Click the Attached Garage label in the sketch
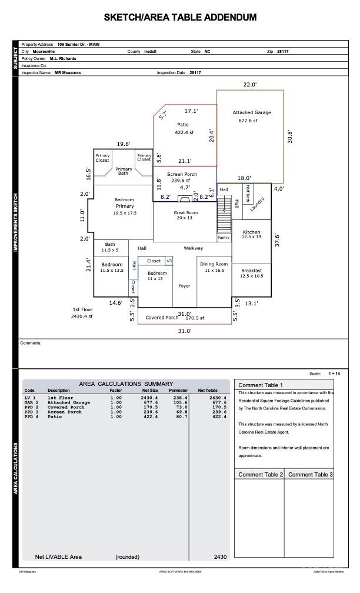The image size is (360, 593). (251, 112)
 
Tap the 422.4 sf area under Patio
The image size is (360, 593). (184, 133)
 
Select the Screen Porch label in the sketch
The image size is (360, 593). (182, 174)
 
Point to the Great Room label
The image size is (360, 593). (185, 213)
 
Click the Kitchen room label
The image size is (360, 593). (251, 232)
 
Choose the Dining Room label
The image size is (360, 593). (213, 265)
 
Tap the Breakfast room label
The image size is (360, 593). (251, 271)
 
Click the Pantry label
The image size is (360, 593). (224, 238)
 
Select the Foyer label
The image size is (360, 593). (184, 286)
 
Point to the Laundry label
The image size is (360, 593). (258, 203)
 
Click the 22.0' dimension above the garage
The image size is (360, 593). (250, 85)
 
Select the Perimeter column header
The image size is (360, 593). (178, 391)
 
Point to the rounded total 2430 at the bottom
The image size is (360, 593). (220, 557)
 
